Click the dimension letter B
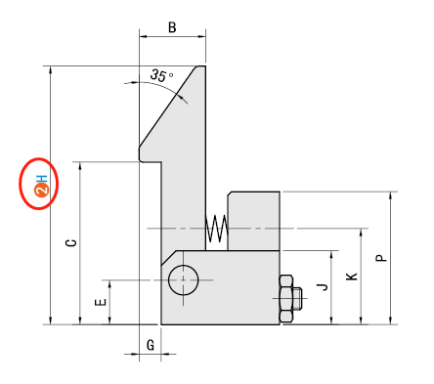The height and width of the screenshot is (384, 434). point(172,27)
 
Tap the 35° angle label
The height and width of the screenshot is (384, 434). point(161,75)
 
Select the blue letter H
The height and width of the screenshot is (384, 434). point(42,179)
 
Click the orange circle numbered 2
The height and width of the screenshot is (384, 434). point(42,191)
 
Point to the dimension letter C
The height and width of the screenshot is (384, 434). point(71,243)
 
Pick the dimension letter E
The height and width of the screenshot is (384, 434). point(101,302)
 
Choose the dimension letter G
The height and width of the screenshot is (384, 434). point(151,345)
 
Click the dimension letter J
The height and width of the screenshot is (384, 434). point(323,286)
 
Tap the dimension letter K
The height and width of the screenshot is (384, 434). point(352,277)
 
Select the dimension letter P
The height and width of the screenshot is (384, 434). point(381,258)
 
